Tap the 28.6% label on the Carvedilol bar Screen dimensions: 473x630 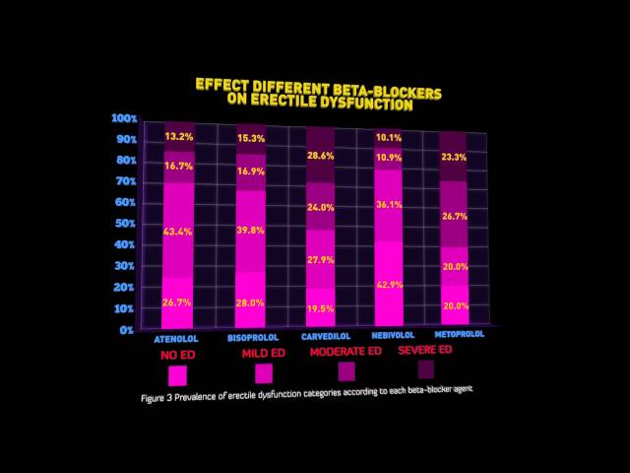click(321, 157)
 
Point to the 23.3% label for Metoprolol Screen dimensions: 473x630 click(454, 158)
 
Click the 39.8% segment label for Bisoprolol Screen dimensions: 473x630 click(250, 231)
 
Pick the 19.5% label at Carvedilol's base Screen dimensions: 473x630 click(321, 308)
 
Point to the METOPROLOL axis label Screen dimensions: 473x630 click(459, 334)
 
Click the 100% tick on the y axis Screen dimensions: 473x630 click(124, 118)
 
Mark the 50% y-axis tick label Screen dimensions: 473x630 click(124, 224)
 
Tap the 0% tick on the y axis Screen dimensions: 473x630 click(126, 329)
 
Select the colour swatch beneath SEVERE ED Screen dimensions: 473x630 click(426, 370)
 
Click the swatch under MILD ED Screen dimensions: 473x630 click(263, 373)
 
